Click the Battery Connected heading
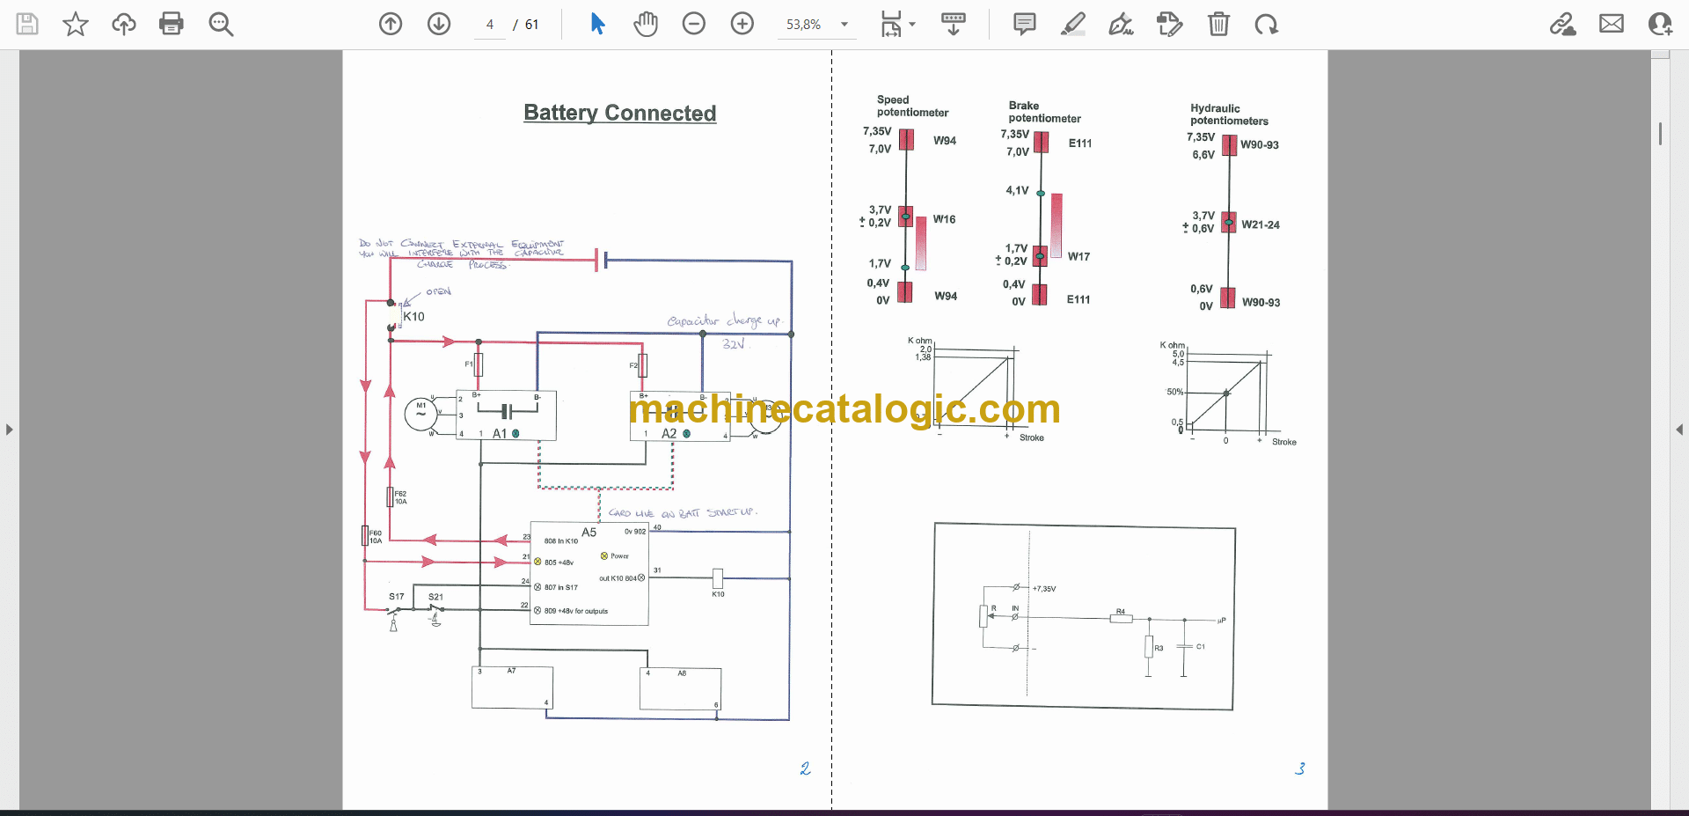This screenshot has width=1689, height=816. coord(619,113)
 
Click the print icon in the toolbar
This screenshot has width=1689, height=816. coord(172,24)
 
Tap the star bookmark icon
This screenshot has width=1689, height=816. coord(76,24)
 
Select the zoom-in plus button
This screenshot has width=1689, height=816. coord(742,24)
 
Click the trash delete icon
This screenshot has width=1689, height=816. coord(1218,24)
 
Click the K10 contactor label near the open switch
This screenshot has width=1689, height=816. coord(413,317)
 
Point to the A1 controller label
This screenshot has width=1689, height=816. coord(500,434)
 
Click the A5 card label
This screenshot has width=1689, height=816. coord(589,533)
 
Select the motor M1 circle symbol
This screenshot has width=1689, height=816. coord(420,414)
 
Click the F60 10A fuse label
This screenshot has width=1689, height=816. coord(376,537)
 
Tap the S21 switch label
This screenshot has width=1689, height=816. coord(435,597)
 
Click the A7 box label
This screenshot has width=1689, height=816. coord(511,671)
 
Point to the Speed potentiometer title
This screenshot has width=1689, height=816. coord(911,107)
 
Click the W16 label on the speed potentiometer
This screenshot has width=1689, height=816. coord(944,219)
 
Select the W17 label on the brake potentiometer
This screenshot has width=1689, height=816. coord(1078,257)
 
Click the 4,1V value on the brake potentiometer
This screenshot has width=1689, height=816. coord(1017,190)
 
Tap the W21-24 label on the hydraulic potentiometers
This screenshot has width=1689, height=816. coord(1260,225)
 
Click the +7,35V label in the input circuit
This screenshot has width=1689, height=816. coord(1044,589)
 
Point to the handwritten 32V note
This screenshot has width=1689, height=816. coord(734,344)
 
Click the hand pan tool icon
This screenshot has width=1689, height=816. coord(646,24)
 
